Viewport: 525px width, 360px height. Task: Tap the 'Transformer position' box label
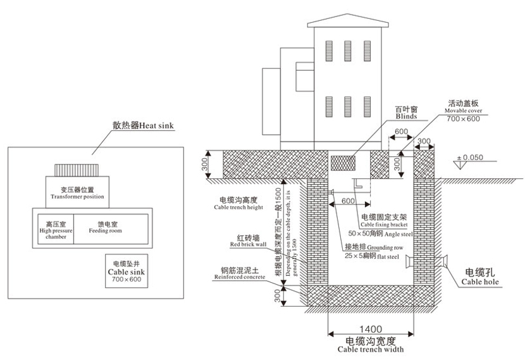(x=75, y=192)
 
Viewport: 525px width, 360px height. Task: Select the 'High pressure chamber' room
(x=55, y=227)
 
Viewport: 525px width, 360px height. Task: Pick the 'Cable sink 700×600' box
(x=127, y=270)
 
